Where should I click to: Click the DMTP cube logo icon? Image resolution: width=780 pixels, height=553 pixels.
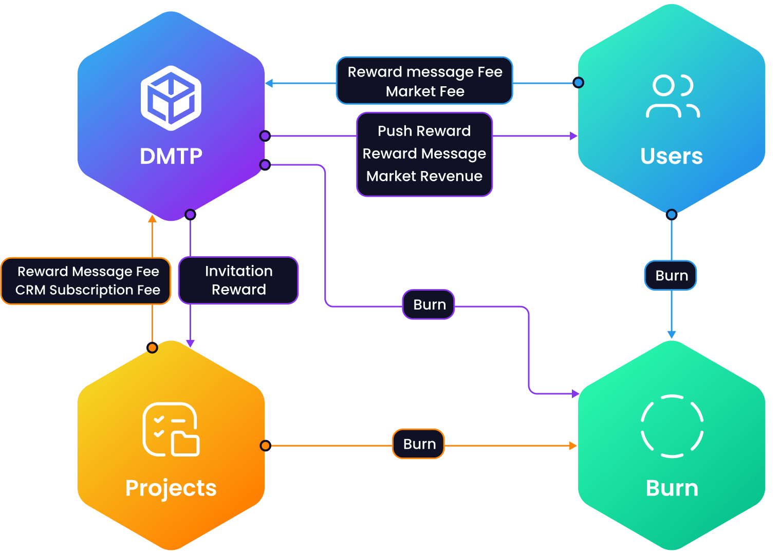coord(171,98)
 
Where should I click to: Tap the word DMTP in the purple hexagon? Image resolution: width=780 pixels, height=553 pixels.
coord(171,156)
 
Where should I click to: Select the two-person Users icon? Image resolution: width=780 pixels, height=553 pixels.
coord(672,97)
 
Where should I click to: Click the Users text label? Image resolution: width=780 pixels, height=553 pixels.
coord(672,156)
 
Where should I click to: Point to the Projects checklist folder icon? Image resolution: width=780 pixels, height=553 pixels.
coord(171,429)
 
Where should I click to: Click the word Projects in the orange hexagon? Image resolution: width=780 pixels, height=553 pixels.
coord(171,488)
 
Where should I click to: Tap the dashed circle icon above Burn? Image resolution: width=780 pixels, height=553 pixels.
coord(672,426)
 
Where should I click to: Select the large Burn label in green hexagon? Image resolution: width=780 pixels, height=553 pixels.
coord(672,488)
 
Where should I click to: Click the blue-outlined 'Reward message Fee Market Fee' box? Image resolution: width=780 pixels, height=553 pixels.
coord(424,81)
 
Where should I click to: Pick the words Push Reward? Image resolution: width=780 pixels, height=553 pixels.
coord(424,131)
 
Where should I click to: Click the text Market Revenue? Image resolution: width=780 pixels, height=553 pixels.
coord(424,176)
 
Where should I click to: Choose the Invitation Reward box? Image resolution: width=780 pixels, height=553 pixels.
coord(238,280)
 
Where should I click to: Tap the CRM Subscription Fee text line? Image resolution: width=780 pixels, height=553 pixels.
coord(88,290)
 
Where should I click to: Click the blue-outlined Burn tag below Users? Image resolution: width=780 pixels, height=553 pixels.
coord(671,276)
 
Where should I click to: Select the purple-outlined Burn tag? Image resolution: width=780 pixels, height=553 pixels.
coord(429,304)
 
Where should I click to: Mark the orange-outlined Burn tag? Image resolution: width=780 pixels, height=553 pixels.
coord(419,444)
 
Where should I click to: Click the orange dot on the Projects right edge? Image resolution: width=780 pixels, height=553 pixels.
coord(265,446)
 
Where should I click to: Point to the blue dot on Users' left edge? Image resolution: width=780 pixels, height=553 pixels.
coord(579,83)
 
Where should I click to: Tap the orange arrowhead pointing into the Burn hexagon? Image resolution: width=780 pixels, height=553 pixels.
coord(573,446)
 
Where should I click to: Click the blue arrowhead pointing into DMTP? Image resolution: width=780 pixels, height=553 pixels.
coord(269,83)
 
